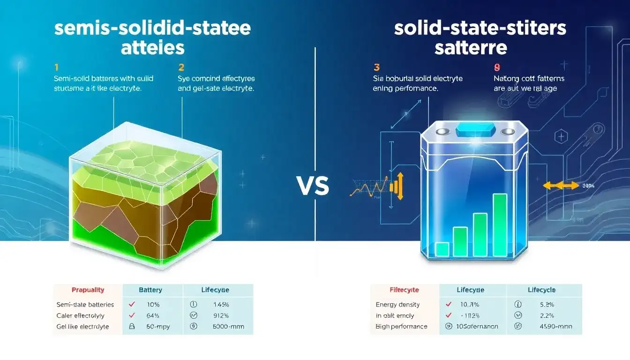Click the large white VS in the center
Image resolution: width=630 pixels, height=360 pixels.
[x=313, y=186]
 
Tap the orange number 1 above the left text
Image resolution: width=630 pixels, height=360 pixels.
[x=56, y=67]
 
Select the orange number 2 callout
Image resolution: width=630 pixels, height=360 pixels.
[x=181, y=67]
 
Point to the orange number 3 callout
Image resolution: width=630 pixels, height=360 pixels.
[x=376, y=67]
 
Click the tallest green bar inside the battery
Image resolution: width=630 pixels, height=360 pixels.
[x=500, y=225]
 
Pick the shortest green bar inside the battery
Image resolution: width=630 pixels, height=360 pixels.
[x=442, y=249]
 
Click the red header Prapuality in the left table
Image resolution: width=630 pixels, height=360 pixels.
[x=88, y=290]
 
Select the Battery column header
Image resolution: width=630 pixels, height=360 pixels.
[x=152, y=290]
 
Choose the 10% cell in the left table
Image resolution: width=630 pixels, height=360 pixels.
[x=153, y=305]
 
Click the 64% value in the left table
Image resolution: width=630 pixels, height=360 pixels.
[x=153, y=315]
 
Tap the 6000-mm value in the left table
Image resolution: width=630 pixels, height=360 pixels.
[x=228, y=327]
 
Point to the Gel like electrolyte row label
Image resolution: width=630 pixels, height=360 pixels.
[x=82, y=327]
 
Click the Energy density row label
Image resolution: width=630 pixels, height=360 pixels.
[x=397, y=305]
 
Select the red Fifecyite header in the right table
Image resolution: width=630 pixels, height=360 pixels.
[x=404, y=290]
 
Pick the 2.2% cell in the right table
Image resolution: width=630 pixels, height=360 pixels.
[x=546, y=315]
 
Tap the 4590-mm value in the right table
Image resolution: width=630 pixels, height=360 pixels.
[x=549, y=327]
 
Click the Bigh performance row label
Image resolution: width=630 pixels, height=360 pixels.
[x=401, y=327]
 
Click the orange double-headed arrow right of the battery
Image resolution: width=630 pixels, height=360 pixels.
[x=554, y=186]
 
